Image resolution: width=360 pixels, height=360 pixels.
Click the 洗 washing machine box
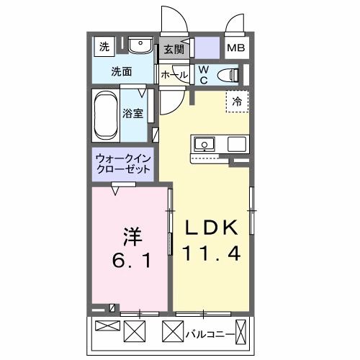coord(104,48)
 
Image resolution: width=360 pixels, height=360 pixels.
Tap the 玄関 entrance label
coord(174,49)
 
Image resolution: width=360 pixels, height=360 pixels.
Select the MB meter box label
coord(235,49)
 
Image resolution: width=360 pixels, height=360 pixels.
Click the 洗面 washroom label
coord(121,71)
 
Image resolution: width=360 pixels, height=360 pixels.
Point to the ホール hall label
coord(174,75)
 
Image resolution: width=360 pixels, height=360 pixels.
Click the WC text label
coord(203,74)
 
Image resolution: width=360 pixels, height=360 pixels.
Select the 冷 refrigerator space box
coord(236,102)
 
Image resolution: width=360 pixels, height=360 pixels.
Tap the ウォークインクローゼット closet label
coord(124,164)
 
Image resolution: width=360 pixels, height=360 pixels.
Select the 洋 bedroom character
coord(131,235)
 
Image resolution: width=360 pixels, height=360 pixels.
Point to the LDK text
coord(210,229)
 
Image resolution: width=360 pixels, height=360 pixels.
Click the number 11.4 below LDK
coord(210,253)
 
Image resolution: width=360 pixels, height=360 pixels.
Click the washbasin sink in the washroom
coord(140,47)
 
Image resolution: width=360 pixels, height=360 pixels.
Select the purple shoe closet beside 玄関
coord(205,50)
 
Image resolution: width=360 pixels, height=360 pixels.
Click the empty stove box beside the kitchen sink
coord(236,143)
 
